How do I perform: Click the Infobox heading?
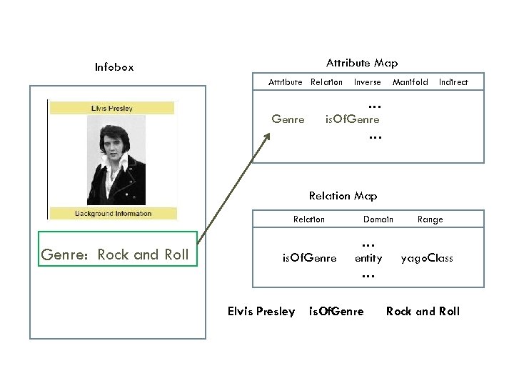tap(114, 68)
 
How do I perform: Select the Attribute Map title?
tap(362, 63)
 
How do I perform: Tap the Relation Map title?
tap(343, 196)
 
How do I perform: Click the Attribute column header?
tap(285, 82)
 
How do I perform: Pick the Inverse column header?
tap(368, 82)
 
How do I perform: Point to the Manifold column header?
tap(410, 82)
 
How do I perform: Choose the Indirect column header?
tap(453, 82)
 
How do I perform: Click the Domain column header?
tap(378, 219)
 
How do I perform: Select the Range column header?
tap(430, 219)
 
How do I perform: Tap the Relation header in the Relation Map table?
tap(309, 219)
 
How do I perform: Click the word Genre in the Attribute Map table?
tap(288, 119)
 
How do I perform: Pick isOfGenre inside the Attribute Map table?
tap(352, 119)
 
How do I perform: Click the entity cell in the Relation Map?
tap(368, 258)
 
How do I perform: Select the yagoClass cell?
tap(427, 258)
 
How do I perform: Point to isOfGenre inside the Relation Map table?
tap(310, 258)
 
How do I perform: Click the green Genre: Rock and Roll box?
tap(117, 254)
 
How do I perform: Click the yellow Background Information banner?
tap(113, 213)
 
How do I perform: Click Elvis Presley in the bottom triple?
tap(261, 311)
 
